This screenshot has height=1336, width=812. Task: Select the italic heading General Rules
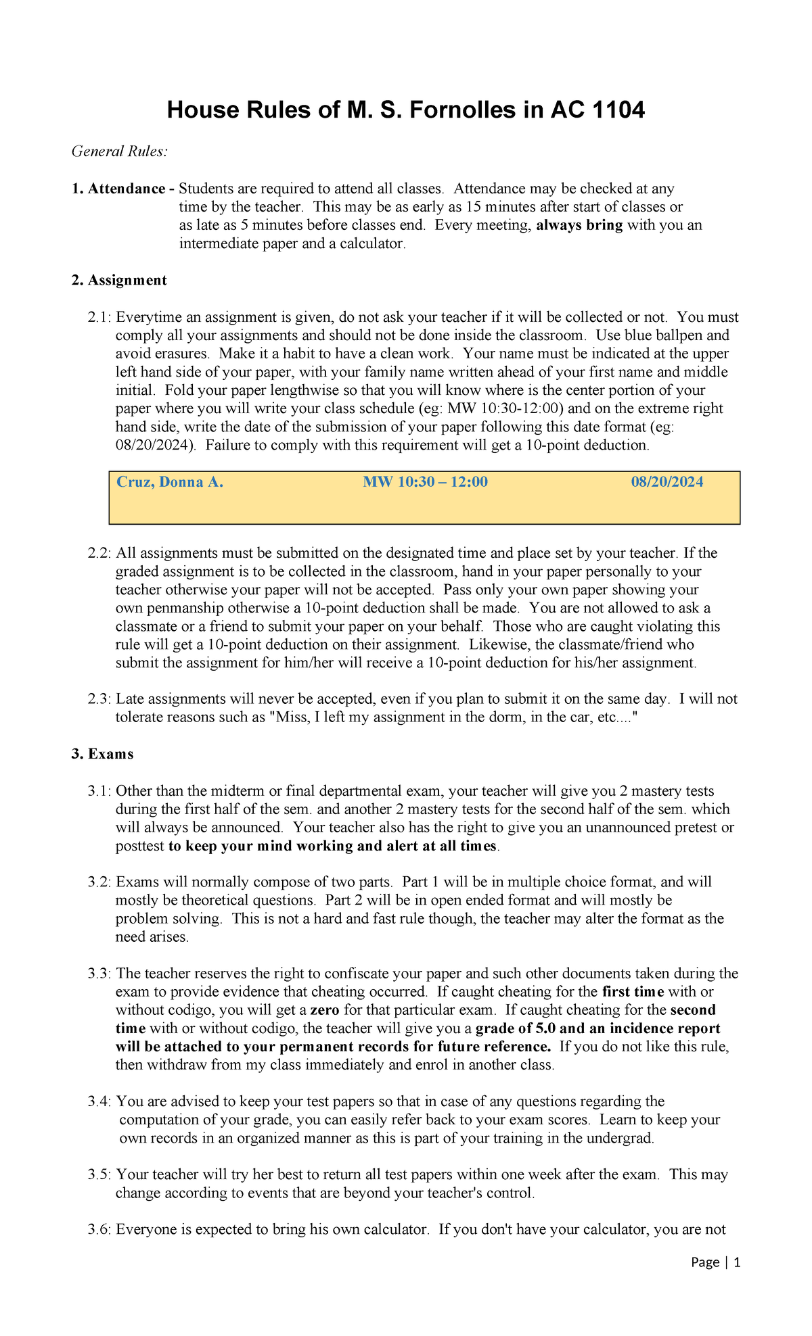[120, 151]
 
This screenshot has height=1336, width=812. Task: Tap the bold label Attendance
[127, 189]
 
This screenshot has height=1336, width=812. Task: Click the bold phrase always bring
[579, 225]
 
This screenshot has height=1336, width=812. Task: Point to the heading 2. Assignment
[119, 280]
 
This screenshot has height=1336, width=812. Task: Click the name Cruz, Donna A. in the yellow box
[170, 482]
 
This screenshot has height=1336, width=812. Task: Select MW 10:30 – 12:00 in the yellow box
[425, 482]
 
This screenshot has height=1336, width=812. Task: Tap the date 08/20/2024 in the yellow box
[667, 482]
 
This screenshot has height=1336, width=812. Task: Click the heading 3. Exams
[102, 754]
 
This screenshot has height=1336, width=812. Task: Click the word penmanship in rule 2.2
[185, 608]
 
